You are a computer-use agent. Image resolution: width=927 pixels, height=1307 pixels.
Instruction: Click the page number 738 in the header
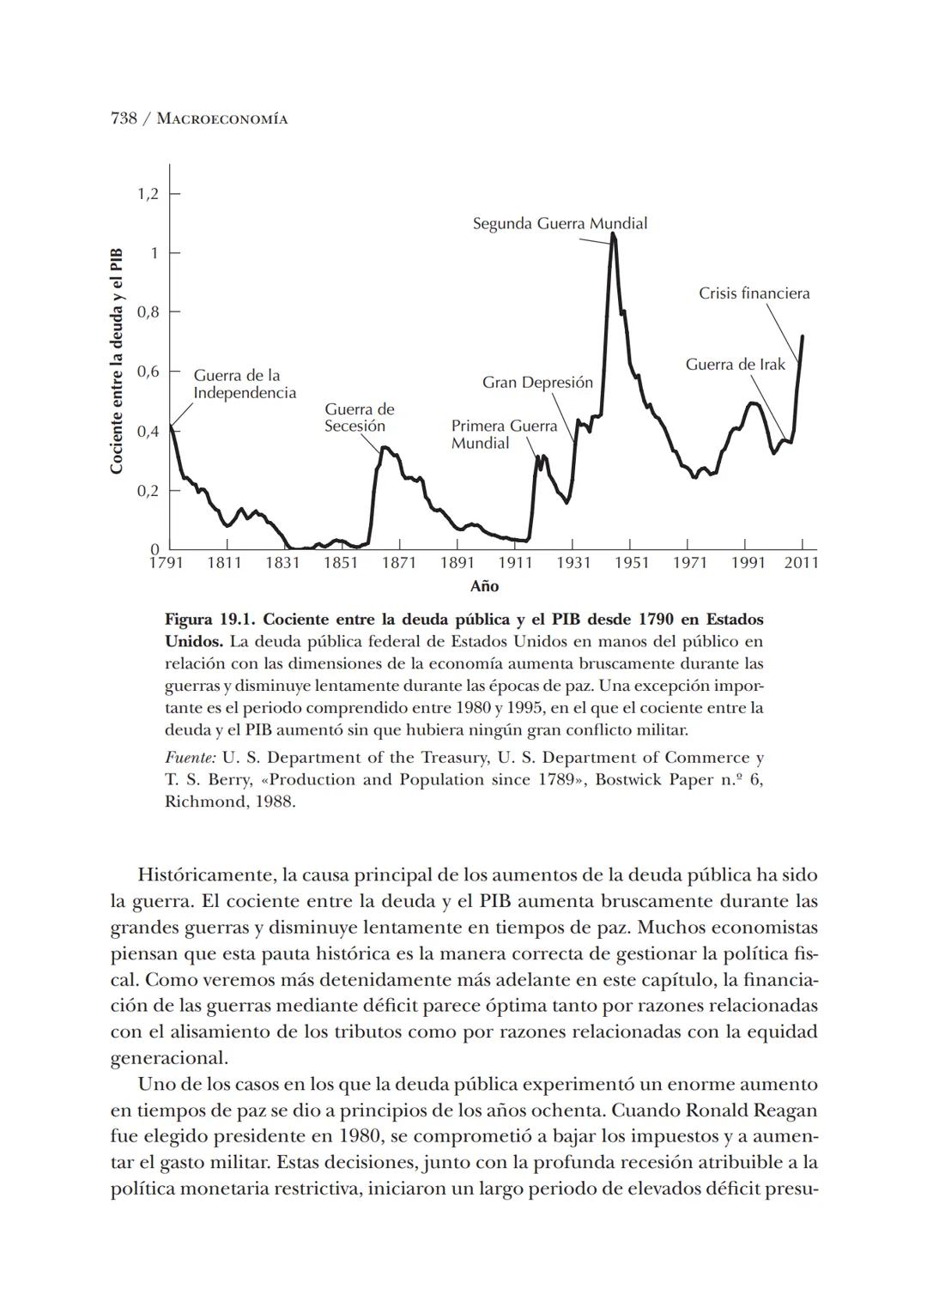click(x=124, y=118)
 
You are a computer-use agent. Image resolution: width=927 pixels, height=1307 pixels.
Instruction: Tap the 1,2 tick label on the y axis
click(x=148, y=194)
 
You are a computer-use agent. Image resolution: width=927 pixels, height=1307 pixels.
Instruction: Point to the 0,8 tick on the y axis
click(x=148, y=312)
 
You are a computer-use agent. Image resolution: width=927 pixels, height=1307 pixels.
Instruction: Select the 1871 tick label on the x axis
click(x=398, y=563)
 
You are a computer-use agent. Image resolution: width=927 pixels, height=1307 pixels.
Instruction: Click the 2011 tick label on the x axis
click(x=802, y=563)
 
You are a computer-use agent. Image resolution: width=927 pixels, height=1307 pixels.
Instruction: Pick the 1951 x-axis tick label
click(x=631, y=563)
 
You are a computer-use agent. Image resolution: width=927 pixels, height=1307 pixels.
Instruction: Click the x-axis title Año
click(x=484, y=586)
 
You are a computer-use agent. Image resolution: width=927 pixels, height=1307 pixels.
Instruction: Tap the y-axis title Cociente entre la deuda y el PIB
click(x=117, y=360)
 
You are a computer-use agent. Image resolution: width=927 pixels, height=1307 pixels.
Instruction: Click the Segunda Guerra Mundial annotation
click(x=560, y=224)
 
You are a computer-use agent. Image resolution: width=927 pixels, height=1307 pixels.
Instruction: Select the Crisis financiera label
click(x=754, y=293)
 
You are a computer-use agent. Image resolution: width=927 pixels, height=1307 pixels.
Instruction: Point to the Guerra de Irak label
click(x=735, y=365)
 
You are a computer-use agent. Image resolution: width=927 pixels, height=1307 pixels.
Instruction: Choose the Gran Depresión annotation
click(x=537, y=383)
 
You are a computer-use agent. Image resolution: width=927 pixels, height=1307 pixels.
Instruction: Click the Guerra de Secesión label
click(x=359, y=418)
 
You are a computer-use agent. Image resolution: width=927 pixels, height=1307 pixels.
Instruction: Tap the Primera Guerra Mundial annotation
click(x=504, y=434)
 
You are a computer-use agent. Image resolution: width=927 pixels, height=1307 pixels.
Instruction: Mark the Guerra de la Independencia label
click(x=244, y=384)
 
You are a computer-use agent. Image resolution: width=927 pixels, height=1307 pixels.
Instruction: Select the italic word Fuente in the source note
click(x=190, y=758)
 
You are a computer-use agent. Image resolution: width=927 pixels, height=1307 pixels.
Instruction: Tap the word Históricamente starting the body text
click(x=203, y=875)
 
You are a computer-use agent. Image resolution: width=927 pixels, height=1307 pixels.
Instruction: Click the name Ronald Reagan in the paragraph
click(x=751, y=1110)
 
